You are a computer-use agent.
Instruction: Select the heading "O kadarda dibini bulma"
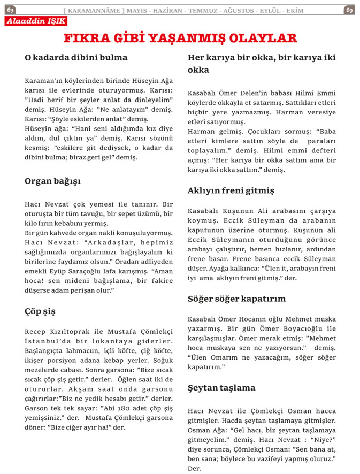tap(76, 57)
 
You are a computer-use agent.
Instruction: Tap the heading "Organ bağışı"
tap(52, 181)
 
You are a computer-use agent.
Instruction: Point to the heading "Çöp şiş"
tap(40, 311)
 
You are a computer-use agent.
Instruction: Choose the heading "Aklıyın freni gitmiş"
tap(231, 190)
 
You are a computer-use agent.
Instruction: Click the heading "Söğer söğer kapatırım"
tap(236, 299)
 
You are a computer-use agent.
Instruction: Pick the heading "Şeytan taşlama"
tap(221, 388)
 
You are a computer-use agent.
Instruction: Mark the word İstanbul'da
tap(45, 341)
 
